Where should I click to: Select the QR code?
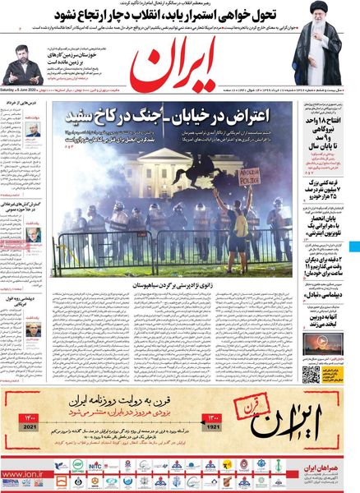click(310, 375)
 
